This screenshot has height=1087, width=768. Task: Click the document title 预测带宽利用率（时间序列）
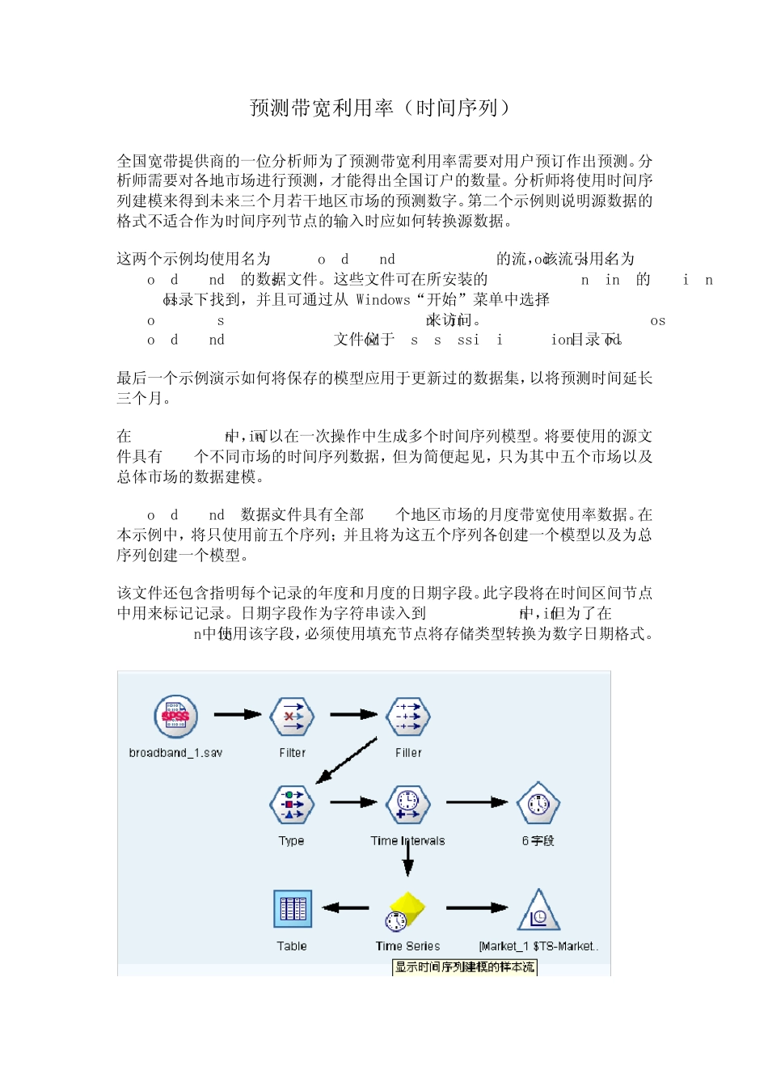(381, 108)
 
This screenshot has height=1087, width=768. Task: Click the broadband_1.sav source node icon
(175, 716)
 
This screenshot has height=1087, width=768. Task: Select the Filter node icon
(292, 716)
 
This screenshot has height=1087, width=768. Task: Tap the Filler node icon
(408, 716)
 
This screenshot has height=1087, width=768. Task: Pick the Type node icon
(292, 804)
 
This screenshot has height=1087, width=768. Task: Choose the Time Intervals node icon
(408, 804)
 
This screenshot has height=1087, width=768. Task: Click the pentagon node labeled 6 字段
(538, 804)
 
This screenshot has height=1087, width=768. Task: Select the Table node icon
(292, 909)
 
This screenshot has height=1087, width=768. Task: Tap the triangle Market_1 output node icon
(538, 911)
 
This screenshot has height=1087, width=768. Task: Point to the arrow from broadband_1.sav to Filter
(238, 714)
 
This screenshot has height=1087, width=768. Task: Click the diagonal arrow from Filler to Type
(347, 760)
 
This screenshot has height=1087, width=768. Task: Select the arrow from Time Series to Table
(346, 907)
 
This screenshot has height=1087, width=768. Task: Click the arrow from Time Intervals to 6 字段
(477, 802)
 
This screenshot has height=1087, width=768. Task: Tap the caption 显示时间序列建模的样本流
(465, 967)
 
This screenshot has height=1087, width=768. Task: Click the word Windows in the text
(383, 300)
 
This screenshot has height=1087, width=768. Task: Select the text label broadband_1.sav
(175, 753)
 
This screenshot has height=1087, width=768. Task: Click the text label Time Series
(407, 946)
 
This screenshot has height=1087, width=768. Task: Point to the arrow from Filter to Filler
(354, 714)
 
